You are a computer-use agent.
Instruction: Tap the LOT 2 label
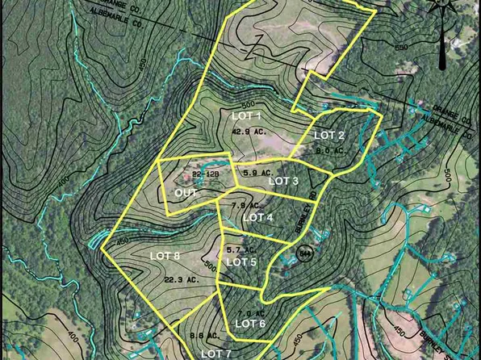329,135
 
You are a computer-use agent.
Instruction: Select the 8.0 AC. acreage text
330,150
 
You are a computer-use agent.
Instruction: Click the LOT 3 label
284,181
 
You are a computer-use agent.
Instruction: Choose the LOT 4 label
258,217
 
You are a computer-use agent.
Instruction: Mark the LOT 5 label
241,262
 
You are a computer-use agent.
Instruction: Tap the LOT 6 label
250,324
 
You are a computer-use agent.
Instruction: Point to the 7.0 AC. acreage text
246,312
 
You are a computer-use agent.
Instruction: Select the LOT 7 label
215,354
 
